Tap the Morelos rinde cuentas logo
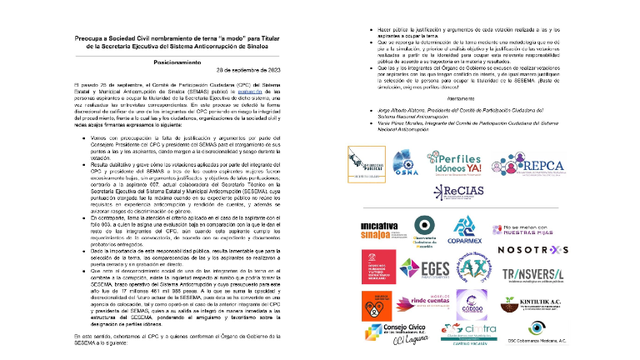point(428,302)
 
